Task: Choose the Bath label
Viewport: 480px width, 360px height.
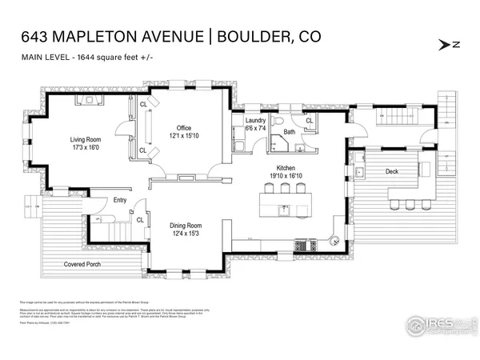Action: [x=290, y=132]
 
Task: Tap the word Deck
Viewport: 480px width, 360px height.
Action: [x=391, y=170]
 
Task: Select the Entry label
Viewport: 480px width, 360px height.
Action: [x=120, y=201]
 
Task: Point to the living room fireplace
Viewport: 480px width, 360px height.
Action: [x=86, y=100]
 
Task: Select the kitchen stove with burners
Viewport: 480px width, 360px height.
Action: [x=304, y=245]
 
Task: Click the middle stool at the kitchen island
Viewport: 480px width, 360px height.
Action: [x=286, y=189]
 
